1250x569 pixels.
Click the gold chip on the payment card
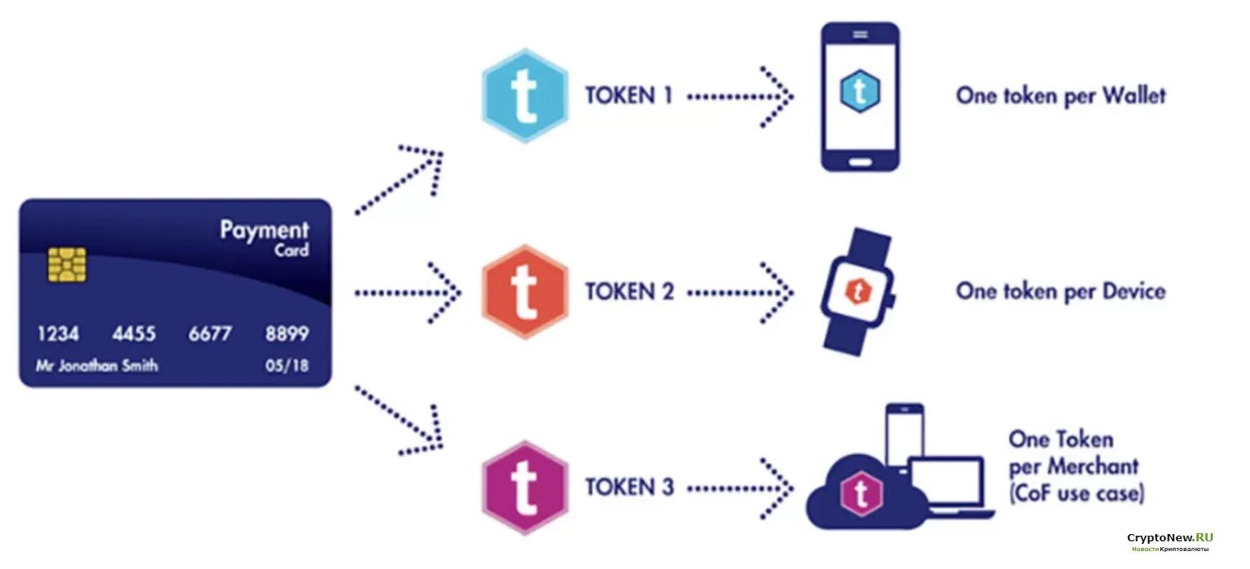[67, 265]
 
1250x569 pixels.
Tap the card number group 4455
[135, 334]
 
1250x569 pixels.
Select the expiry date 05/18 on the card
[287, 365]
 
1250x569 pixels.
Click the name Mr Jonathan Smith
[97, 365]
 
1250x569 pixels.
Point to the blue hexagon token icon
[525, 95]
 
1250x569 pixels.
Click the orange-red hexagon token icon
[525, 291]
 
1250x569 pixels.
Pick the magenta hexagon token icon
[525, 488]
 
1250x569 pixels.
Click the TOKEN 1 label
[629, 96]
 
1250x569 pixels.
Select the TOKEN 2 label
[629, 291]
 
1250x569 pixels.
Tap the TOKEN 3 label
[629, 488]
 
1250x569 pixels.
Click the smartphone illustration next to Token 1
[860, 96]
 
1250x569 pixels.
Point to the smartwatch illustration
[857, 291]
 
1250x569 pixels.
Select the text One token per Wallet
[1060, 96]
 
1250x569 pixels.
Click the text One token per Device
[1060, 291]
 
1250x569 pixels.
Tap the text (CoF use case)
[1076, 493]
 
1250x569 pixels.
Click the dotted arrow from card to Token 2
[407, 291]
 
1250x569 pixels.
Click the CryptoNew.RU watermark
[1169, 539]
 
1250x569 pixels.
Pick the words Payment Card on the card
[264, 237]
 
